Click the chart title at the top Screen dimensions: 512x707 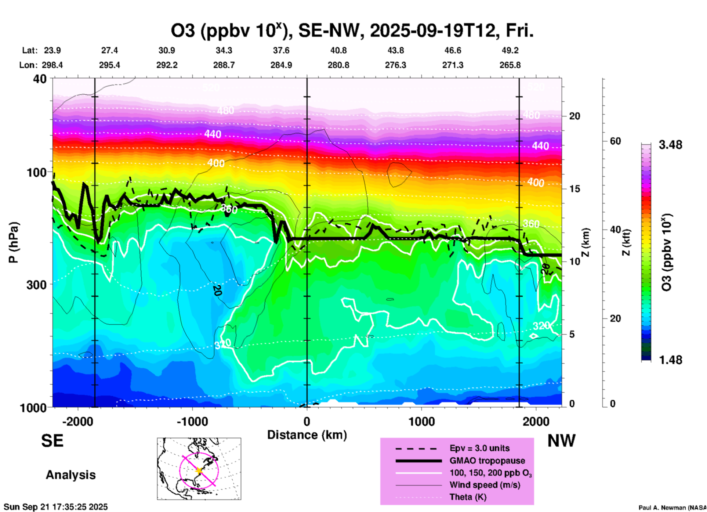[352, 30]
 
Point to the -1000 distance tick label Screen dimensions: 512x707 [192, 422]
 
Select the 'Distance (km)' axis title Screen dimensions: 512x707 [307, 435]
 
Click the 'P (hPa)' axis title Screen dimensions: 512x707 [14, 242]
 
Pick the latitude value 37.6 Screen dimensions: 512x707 [281, 50]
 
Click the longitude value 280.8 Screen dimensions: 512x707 [338, 65]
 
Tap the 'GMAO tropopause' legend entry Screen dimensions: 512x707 [487, 461]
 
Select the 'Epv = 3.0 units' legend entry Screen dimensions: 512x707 [479, 448]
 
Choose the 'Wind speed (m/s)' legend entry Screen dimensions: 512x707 [485, 485]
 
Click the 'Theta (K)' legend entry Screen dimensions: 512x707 [468, 497]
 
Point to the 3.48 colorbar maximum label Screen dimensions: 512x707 [670, 145]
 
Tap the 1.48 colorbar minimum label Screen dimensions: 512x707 [670, 360]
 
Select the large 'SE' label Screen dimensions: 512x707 [52, 441]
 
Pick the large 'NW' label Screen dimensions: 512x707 [561, 441]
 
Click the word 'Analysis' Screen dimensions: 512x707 [70, 475]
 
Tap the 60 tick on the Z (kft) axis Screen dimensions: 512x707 [615, 141]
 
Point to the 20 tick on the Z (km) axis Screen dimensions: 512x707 [574, 116]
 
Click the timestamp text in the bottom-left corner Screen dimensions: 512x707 [56, 507]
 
